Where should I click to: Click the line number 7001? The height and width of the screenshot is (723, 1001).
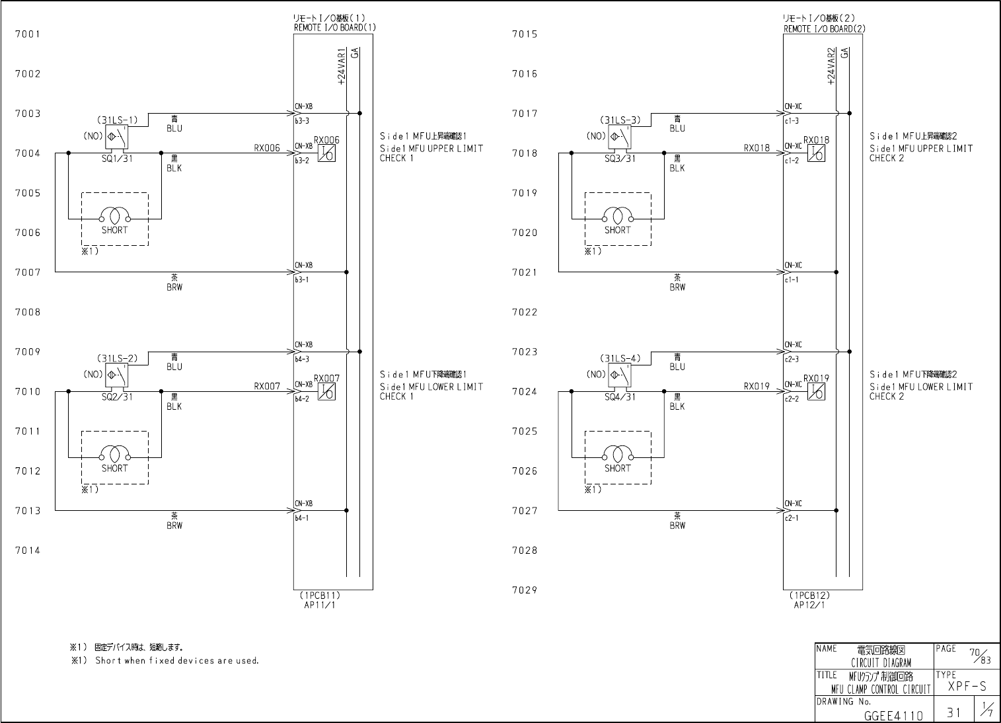(x=28, y=34)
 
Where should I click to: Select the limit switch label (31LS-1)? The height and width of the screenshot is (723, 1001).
(x=118, y=120)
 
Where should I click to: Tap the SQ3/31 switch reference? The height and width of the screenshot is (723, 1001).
(x=620, y=159)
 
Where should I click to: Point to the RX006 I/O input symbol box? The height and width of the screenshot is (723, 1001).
(x=326, y=153)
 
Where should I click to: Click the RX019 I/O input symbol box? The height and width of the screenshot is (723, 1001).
(x=816, y=392)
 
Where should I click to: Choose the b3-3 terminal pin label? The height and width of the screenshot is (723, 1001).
(x=302, y=121)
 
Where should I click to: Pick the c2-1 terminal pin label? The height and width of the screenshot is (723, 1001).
(x=792, y=518)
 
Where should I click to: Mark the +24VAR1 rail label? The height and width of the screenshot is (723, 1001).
(x=341, y=67)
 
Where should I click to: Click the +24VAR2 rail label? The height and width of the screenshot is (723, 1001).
(x=831, y=67)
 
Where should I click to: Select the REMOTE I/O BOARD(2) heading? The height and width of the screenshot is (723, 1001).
(x=824, y=29)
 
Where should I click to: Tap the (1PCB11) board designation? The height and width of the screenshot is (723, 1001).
(x=319, y=595)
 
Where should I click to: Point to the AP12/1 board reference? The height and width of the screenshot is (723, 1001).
(x=809, y=605)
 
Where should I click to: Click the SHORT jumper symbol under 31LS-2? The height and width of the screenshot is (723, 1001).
(x=114, y=455)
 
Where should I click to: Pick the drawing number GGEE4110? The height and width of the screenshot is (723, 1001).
(x=893, y=715)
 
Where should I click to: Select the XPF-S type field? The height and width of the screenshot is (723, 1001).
(x=967, y=687)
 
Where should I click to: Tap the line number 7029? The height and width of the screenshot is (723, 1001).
(x=525, y=590)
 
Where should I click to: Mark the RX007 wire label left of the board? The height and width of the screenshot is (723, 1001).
(x=267, y=387)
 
